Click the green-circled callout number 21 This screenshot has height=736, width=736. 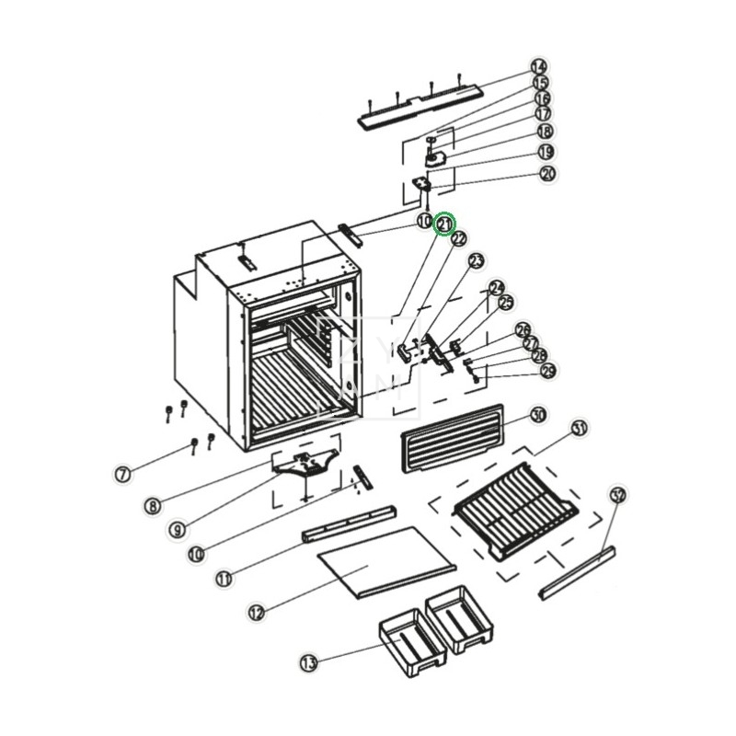point(445,224)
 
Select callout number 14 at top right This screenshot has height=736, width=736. point(539,67)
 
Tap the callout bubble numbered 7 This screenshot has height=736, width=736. point(122,475)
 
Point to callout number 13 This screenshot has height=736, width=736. point(308,662)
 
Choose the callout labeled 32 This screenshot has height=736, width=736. point(618,496)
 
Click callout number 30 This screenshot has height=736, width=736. point(538,416)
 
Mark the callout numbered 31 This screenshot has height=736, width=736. point(579,429)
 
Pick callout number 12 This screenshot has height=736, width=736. point(257,611)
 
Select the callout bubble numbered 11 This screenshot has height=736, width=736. point(224,578)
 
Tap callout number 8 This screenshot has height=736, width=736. point(153,505)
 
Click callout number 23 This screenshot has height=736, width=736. point(476,262)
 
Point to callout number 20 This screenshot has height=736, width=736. point(548,173)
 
